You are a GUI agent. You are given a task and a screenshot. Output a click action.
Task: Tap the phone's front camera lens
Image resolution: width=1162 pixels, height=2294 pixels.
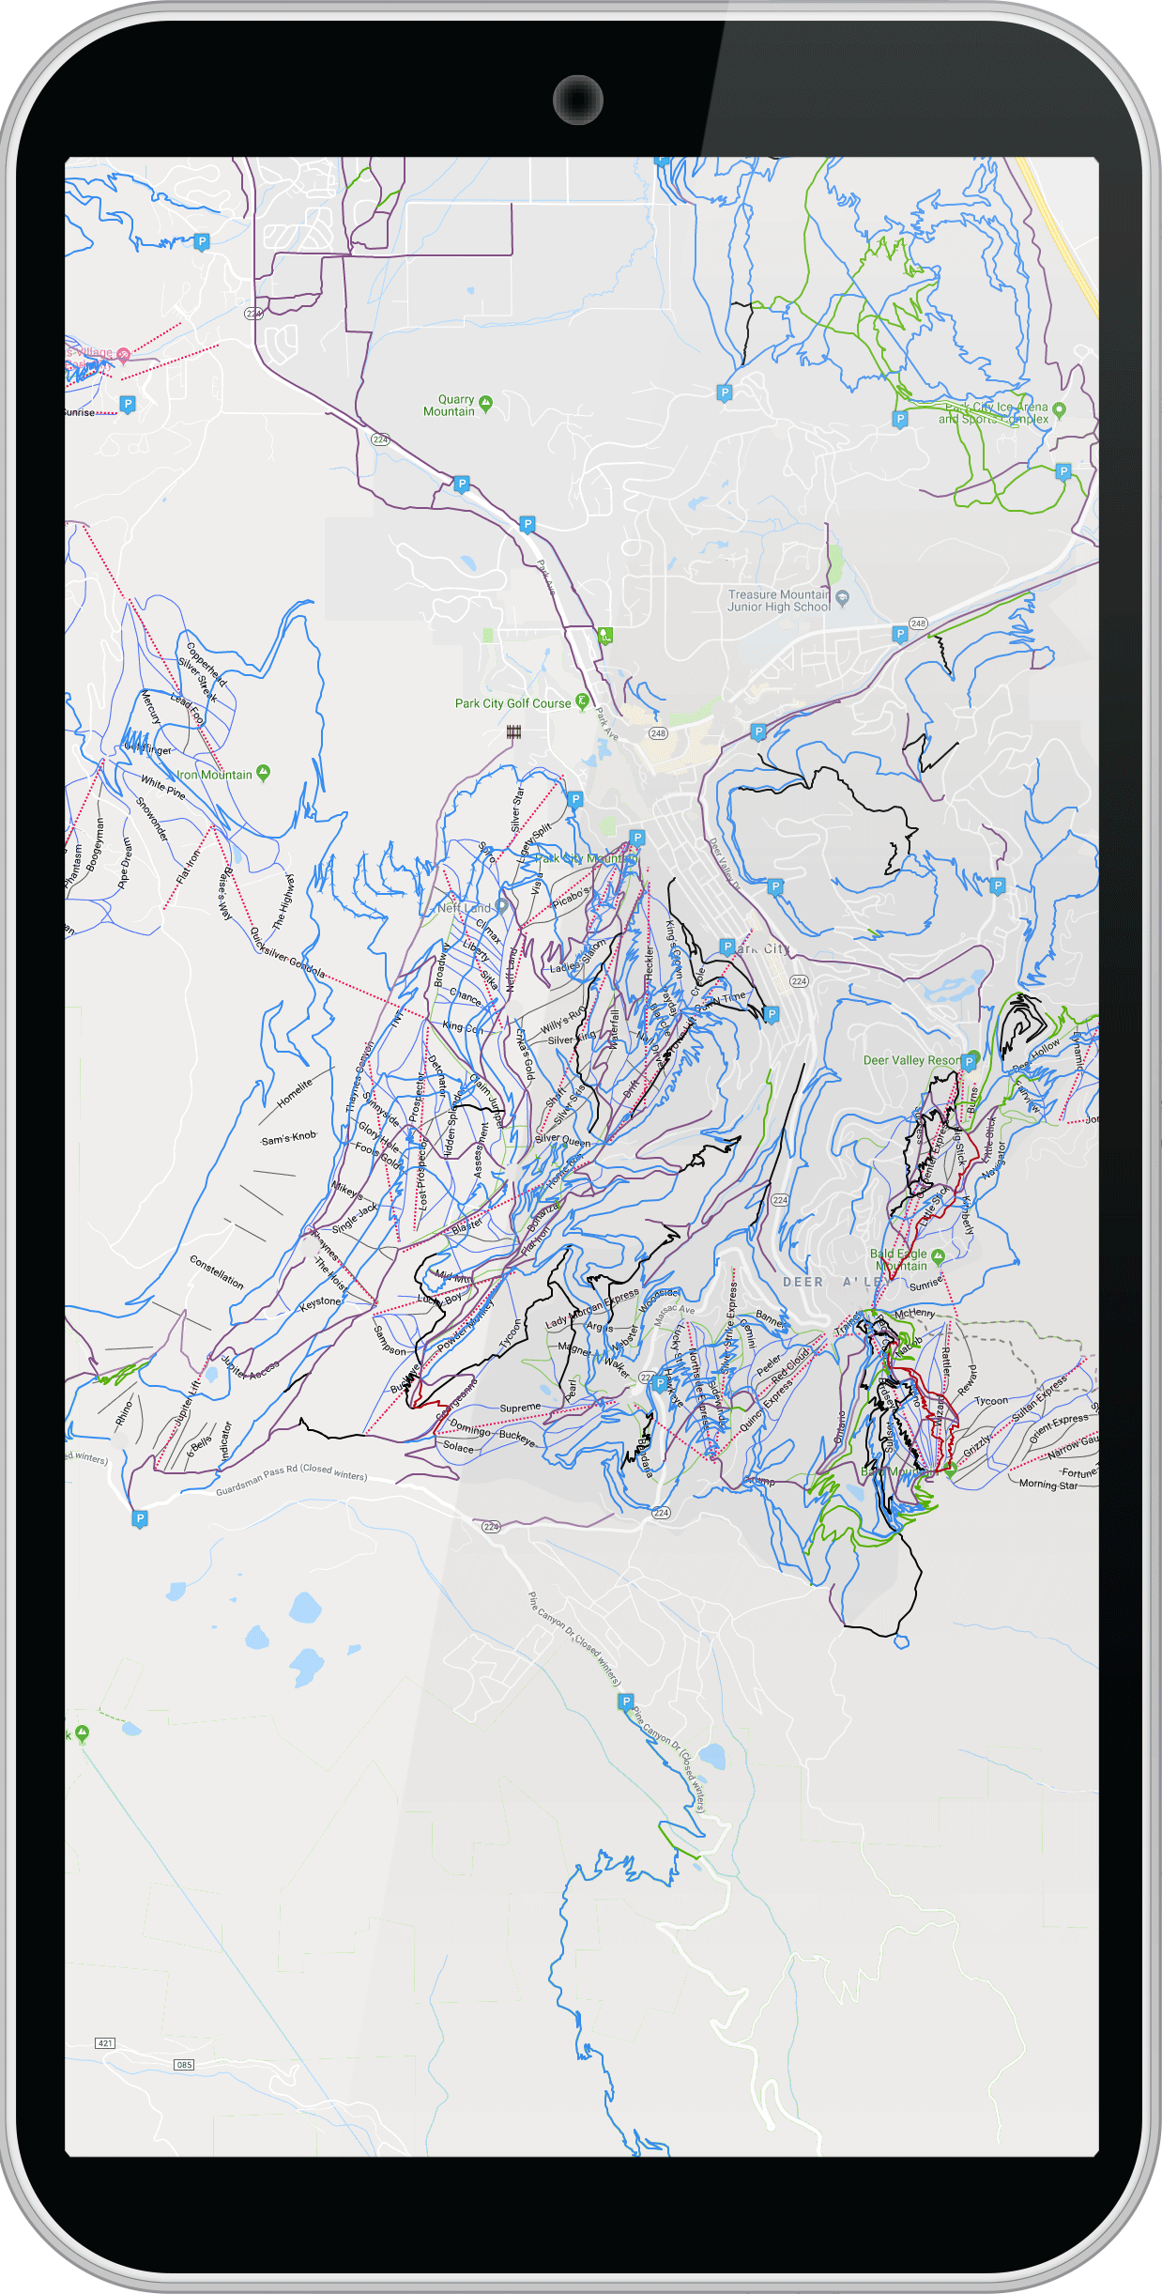577,100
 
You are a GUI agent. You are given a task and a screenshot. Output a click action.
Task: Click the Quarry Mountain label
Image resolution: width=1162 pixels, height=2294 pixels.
450,406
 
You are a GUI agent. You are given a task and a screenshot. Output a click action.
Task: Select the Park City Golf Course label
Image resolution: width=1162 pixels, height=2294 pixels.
512,703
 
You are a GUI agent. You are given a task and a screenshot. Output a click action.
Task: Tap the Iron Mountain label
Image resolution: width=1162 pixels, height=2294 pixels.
215,775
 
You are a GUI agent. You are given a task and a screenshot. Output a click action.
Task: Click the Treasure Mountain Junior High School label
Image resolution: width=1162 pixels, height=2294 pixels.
779,601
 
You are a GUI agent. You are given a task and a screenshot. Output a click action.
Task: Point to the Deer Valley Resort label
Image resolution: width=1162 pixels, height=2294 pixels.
911,1060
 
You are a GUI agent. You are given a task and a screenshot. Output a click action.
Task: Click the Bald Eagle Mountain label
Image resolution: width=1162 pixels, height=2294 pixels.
899,1260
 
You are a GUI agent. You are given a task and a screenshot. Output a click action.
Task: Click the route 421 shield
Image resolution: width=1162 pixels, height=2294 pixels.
105,2043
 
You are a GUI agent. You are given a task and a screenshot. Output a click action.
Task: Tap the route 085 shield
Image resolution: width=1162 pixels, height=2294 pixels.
184,2065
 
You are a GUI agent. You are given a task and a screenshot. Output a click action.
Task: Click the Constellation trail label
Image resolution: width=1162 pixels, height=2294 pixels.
217,1271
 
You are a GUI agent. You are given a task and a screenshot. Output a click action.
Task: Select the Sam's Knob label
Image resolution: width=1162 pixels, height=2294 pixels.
289,1138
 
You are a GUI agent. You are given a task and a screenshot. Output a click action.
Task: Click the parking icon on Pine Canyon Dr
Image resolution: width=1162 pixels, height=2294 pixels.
627,1702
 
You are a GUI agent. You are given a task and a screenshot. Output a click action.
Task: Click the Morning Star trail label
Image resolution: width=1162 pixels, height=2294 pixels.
1048,1485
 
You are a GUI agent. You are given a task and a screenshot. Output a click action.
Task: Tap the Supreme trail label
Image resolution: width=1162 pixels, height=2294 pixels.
520,1408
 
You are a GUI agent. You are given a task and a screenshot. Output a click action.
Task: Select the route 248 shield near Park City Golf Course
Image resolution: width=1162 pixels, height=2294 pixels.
658,733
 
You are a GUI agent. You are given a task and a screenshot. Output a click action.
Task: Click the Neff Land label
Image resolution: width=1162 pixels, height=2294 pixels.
464,908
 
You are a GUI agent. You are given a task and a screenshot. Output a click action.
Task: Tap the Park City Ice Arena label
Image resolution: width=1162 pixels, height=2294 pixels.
996,413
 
